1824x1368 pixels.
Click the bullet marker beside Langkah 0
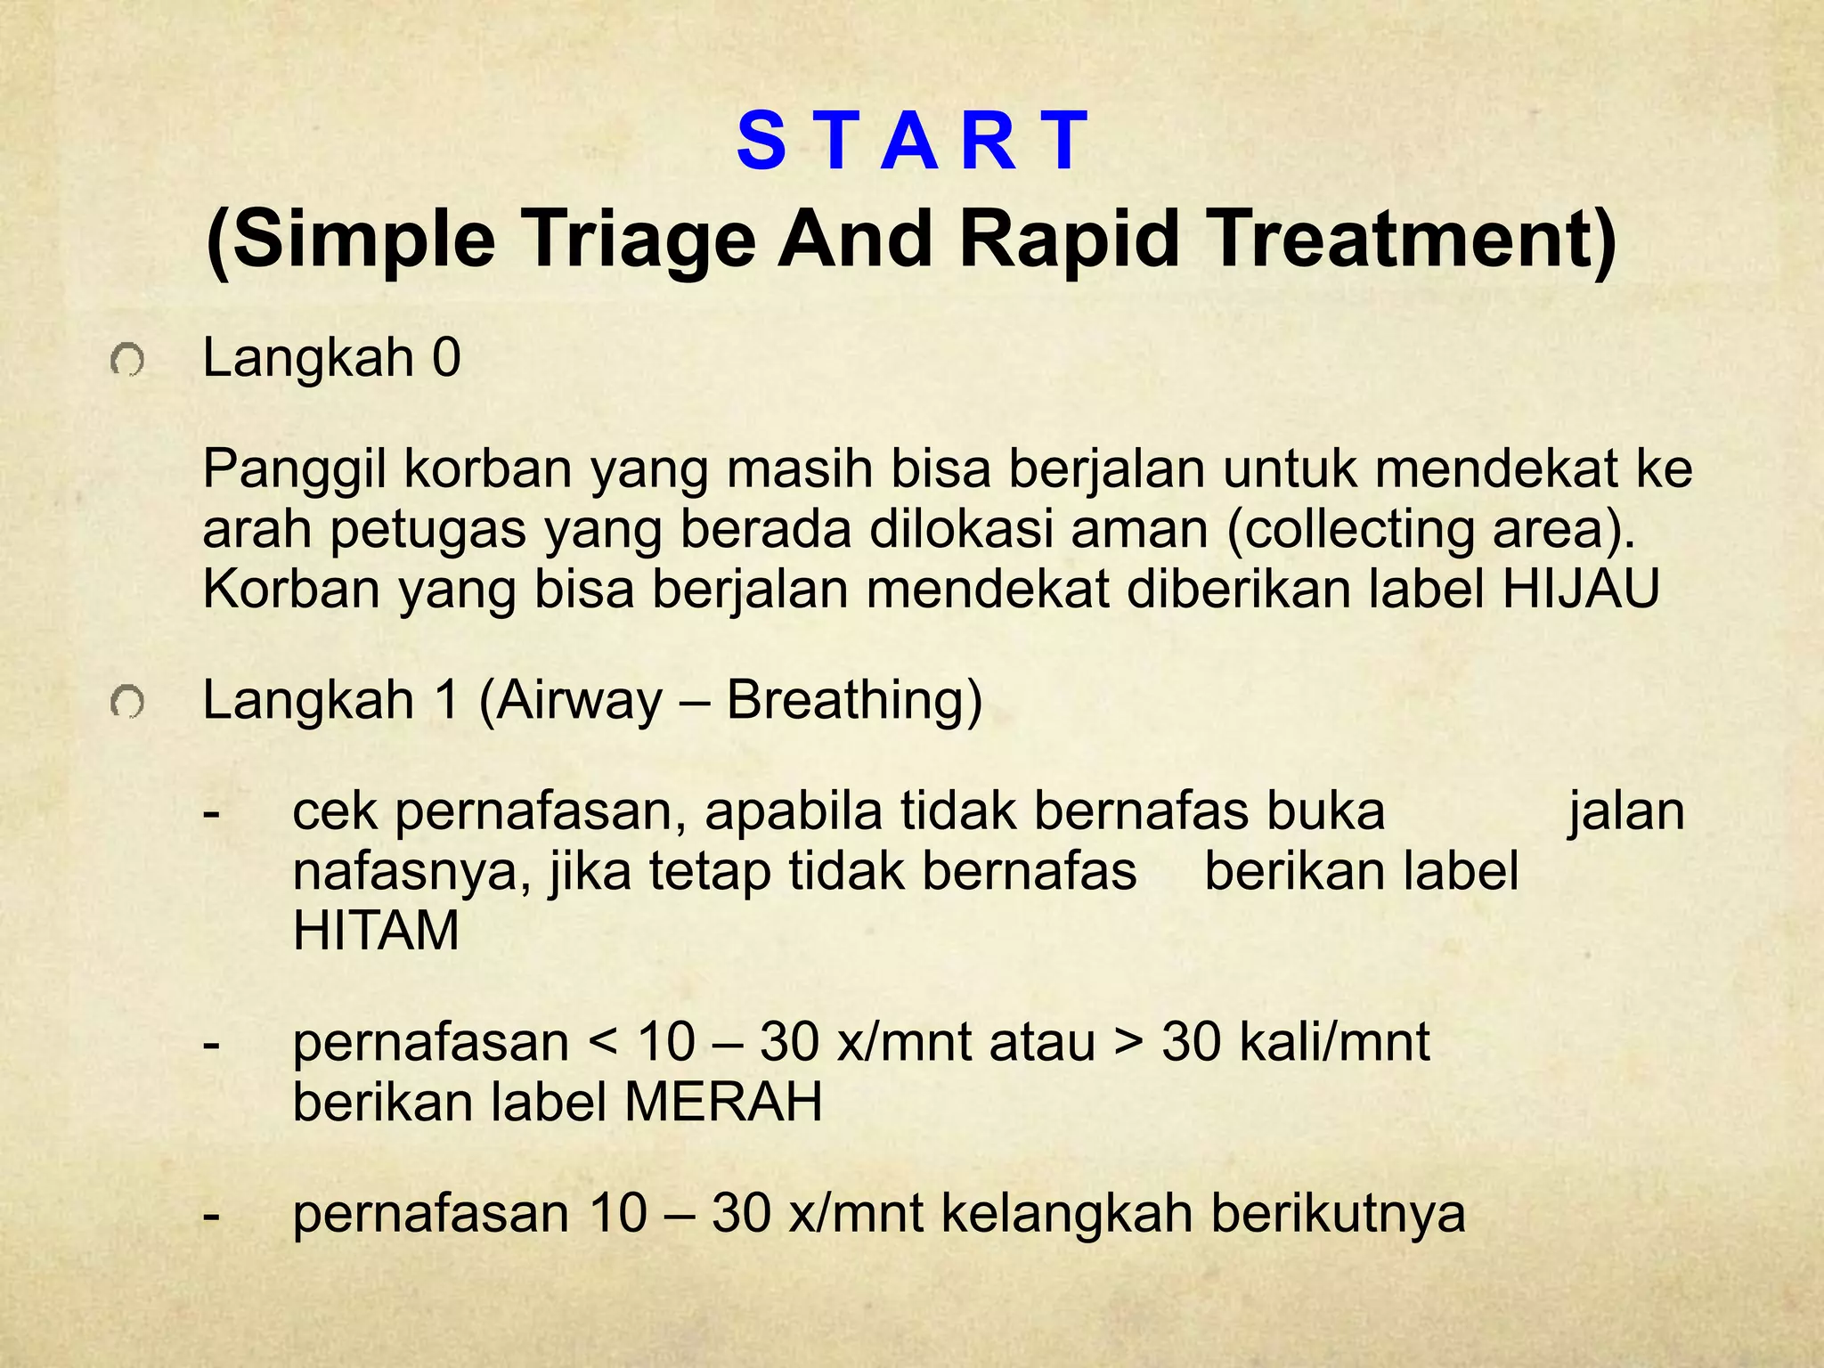[x=127, y=362]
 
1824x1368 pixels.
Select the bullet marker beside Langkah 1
[x=127, y=704]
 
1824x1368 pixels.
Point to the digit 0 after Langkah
[x=446, y=358]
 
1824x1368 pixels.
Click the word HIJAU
[x=1581, y=590]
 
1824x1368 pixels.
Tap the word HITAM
[x=376, y=932]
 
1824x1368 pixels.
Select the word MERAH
[x=723, y=1103]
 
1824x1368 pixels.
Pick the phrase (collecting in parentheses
[x=1349, y=530]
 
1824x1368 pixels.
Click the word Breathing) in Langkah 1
[x=854, y=700]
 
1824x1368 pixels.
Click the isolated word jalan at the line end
[x=1625, y=812]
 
